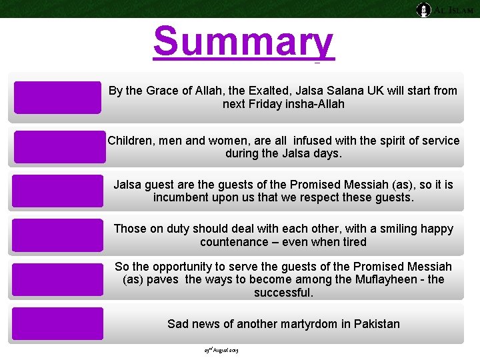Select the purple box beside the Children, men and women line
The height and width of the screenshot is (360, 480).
pyautogui.click(x=59, y=147)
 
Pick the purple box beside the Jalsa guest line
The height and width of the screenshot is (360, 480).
pyautogui.click(x=57, y=191)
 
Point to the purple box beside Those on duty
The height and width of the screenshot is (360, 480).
pyautogui.click(x=57, y=235)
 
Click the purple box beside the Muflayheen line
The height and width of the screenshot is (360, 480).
pyautogui.click(x=57, y=279)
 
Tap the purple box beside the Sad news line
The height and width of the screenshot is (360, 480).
pyautogui.click(x=57, y=324)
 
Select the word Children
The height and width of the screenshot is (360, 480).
pyautogui.click(x=131, y=141)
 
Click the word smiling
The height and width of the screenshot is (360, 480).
pyautogui.click(x=376, y=229)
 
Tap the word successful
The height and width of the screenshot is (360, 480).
pyautogui.click(x=283, y=293)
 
